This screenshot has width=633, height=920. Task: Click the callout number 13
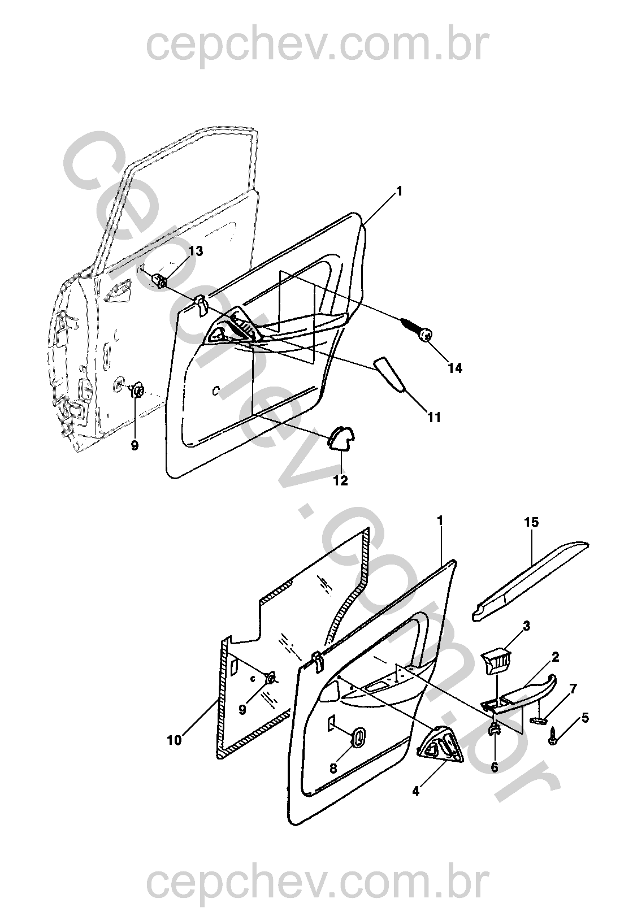(195, 251)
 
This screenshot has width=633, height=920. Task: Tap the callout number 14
(454, 368)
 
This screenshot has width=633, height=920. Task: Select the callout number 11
(433, 418)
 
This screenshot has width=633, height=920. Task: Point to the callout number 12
(340, 481)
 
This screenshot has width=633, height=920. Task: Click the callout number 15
(531, 523)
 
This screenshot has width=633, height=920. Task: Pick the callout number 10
(175, 740)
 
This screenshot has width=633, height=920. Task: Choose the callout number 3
(526, 626)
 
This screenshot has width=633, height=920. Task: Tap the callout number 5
(584, 718)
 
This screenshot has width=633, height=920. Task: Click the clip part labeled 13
(161, 279)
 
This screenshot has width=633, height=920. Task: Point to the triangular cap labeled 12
(341, 438)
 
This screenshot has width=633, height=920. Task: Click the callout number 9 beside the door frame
(135, 445)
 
